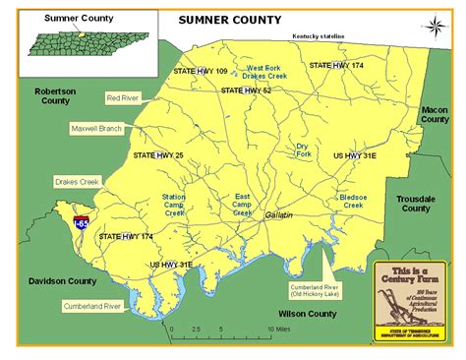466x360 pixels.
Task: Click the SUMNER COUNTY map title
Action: pyautogui.click(x=229, y=20)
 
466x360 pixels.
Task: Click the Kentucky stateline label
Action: pyautogui.click(x=325, y=36)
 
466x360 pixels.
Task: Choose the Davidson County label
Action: pyautogui.click(x=48, y=281)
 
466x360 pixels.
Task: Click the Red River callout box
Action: pyautogui.click(x=123, y=98)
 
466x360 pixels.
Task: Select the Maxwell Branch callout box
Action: pyautogui.click(x=96, y=129)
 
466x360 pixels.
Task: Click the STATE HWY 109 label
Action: pyautogui.click(x=201, y=72)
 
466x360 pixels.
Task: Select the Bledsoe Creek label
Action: pyautogui.click(x=352, y=202)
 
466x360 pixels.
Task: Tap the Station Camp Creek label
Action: pyautogui.click(x=174, y=205)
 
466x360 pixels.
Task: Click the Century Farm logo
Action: pyautogui.click(x=414, y=302)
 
